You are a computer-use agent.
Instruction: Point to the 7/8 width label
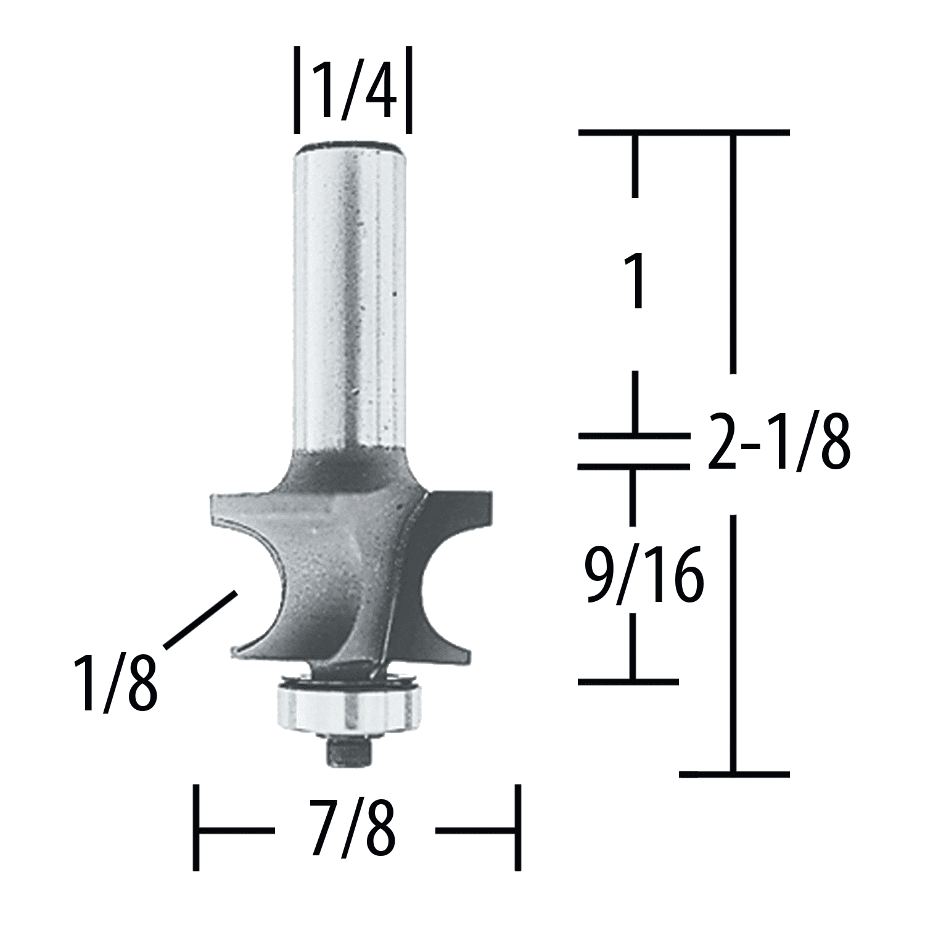pos(353,828)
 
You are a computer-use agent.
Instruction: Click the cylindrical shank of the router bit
pos(351,296)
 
